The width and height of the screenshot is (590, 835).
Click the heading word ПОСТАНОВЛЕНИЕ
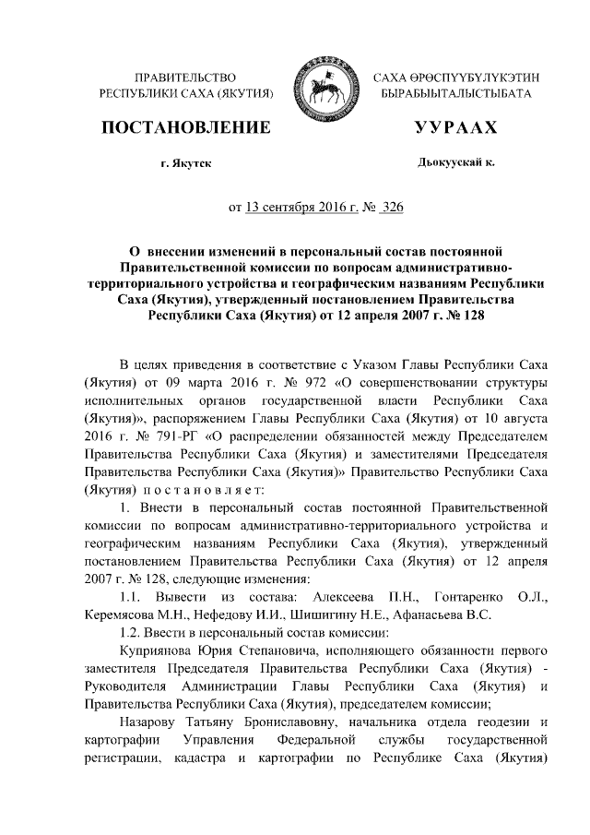(187, 127)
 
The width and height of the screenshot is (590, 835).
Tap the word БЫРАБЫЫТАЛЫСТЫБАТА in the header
(455, 95)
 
